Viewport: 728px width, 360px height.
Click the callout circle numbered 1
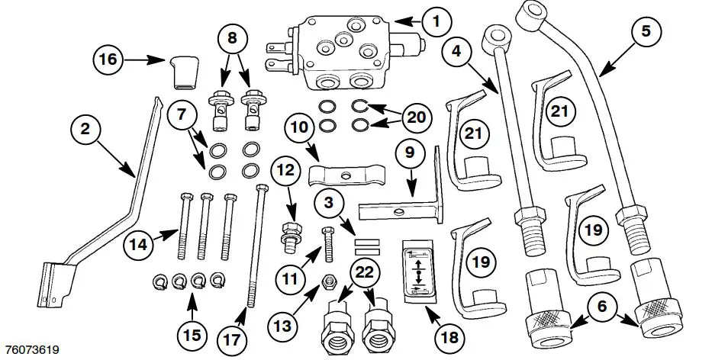pyautogui.click(x=436, y=21)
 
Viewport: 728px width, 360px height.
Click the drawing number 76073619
pyautogui.click(x=32, y=350)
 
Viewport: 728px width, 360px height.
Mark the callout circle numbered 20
pyautogui.click(x=415, y=117)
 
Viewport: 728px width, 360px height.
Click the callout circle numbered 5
pyautogui.click(x=645, y=31)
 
